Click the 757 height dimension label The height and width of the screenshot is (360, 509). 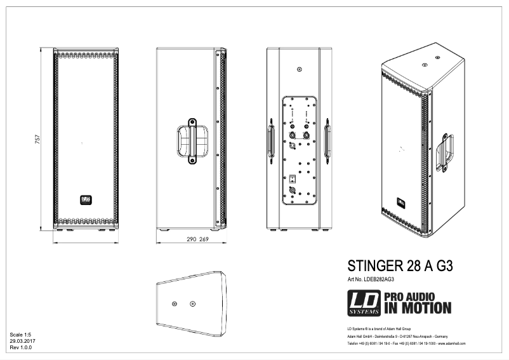tap(38, 138)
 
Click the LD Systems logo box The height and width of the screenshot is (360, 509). tap(364, 303)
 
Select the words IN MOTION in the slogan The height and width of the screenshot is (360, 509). tap(416, 309)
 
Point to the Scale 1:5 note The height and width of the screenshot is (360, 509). tap(21, 333)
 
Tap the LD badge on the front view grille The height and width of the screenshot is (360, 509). tap(85, 199)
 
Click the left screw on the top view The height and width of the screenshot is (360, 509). tap(175, 303)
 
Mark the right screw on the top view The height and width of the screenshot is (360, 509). tap(193, 303)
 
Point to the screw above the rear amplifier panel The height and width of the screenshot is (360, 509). tap(299, 70)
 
